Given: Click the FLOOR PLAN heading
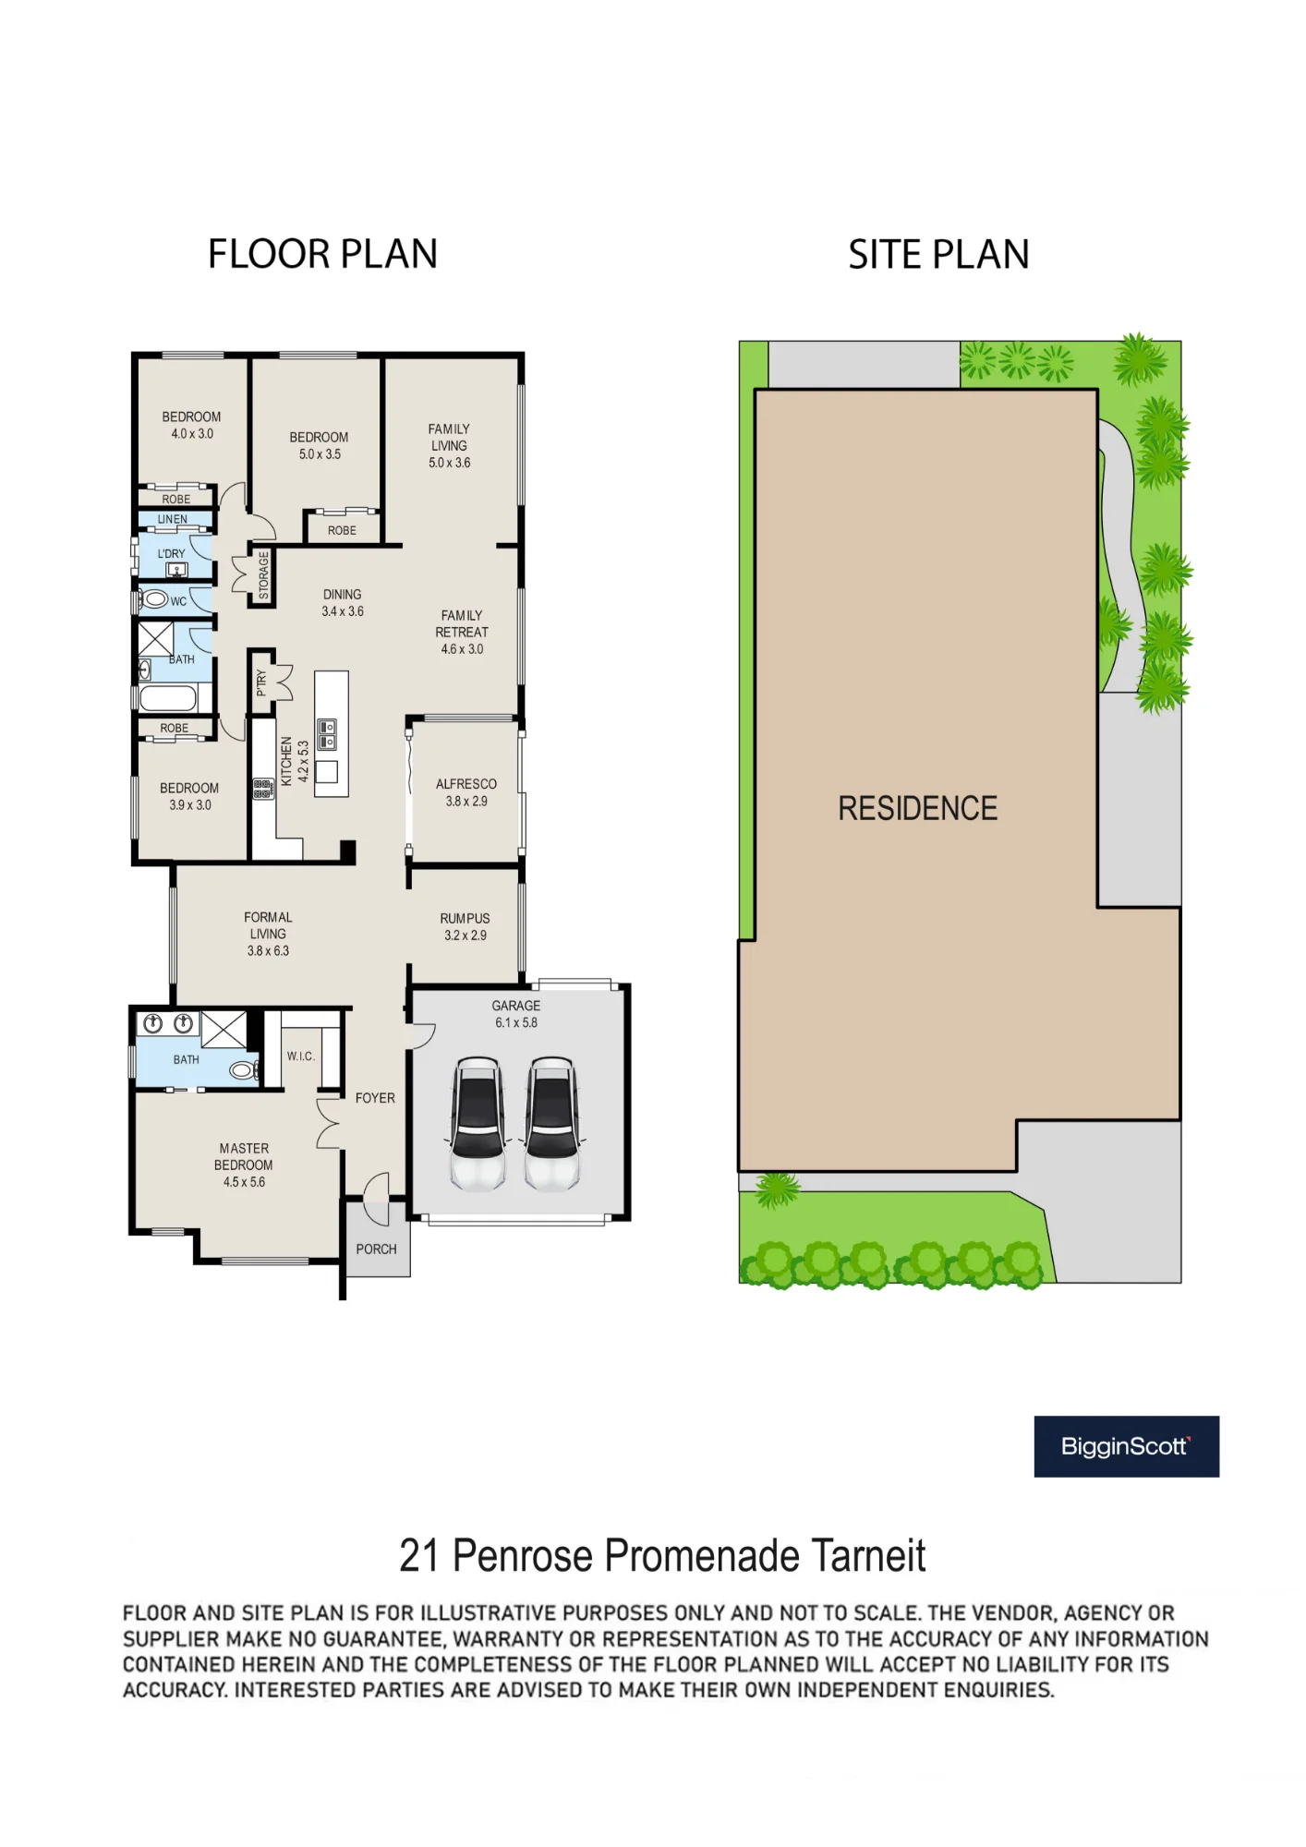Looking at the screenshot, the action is pyautogui.click(x=322, y=254).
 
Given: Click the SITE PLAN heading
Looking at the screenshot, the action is pyautogui.click(x=938, y=255).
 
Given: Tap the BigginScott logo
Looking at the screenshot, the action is pyautogui.click(x=1126, y=1446).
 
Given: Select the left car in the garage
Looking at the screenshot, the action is pyautogui.click(x=478, y=1123).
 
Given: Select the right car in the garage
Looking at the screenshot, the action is pyautogui.click(x=552, y=1123).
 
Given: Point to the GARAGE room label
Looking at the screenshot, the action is pyautogui.click(x=516, y=1006).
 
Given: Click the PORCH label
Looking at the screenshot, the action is pyautogui.click(x=376, y=1249).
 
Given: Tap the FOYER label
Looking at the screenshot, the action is pyautogui.click(x=375, y=1098).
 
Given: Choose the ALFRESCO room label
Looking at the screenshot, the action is pyautogui.click(x=466, y=784).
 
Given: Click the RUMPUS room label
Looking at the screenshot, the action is pyautogui.click(x=465, y=919).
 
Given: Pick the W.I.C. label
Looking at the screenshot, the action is pyautogui.click(x=301, y=1056).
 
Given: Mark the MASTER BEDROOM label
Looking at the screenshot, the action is pyautogui.click(x=244, y=1157).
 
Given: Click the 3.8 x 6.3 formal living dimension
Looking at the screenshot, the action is pyautogui.click(x=268, y=951).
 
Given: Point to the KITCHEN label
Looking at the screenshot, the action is pyautogui.click(x=286, y=761).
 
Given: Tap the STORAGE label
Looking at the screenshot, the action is pyautogui.click(x=263, y=575).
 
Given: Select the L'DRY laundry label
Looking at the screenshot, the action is pyautogui.click(x=171, y=554).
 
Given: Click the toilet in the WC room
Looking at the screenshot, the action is pyautogui.click(x=155, y=600).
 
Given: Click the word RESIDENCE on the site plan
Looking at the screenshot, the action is pyautogui.click(x=917, y=809).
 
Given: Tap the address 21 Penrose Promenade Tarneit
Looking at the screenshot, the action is pyautogui.click(x=662, y=1556).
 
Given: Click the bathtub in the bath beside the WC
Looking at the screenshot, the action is pyautogui.click(x=168, y=698).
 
